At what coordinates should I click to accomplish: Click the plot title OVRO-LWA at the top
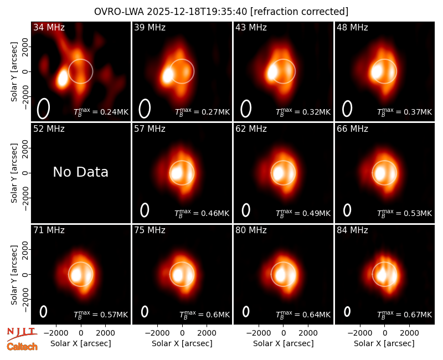point(119,12)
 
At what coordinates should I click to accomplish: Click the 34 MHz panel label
point(49,27)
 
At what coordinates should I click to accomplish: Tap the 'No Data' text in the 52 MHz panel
point(81,172)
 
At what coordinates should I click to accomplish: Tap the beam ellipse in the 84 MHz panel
point(347,311)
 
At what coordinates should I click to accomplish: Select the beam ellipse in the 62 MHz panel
point(246,210)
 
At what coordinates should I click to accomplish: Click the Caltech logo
point(22,347)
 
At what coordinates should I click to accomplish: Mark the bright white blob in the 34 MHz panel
point(63,78)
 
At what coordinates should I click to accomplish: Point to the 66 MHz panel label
point(352,129)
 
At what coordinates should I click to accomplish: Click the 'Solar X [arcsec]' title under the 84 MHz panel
point(384,343)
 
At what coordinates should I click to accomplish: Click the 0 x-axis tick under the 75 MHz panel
point(182,333)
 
